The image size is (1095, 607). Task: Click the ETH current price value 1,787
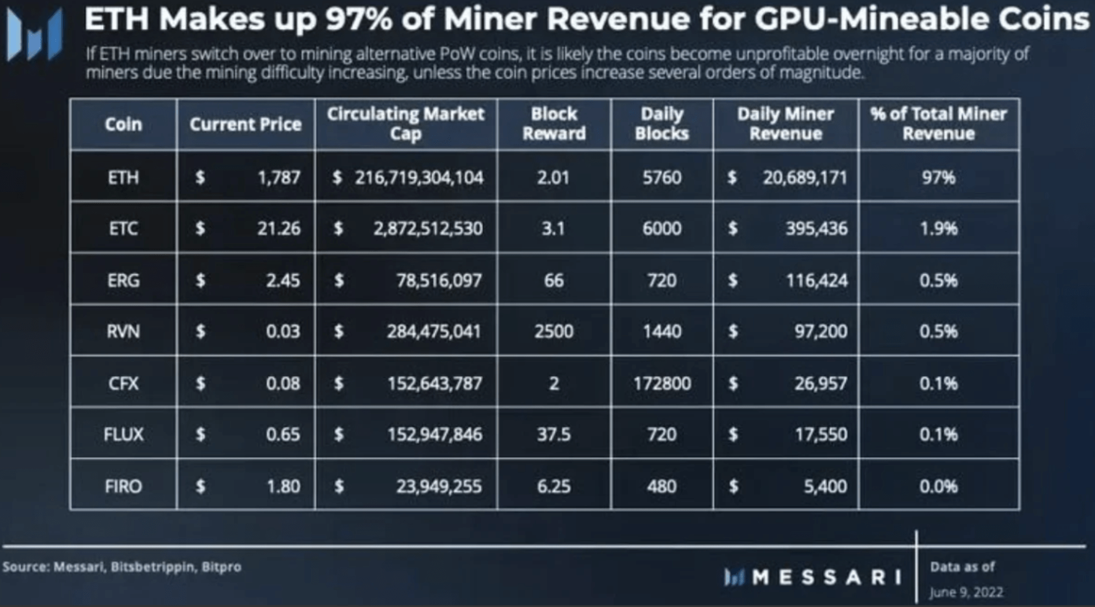279,177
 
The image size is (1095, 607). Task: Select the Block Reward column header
554,124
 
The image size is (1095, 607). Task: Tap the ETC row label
123,229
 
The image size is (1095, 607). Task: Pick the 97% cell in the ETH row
938,177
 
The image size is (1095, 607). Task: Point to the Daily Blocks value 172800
662,383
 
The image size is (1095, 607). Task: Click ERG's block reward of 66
554,280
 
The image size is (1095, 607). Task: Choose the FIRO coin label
123,486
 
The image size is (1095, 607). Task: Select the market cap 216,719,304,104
419,177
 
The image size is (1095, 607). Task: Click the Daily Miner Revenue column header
785,124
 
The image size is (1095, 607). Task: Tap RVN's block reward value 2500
554,332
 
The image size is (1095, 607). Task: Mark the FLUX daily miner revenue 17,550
821,435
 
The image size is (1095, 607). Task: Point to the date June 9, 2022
966,592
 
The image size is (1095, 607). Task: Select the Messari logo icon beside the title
35,35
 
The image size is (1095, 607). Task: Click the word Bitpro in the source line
221,567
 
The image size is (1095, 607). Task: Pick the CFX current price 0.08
283,383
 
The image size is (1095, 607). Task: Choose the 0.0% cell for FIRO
938,486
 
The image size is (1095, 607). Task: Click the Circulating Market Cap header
405,124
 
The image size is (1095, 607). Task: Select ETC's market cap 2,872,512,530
428,229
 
